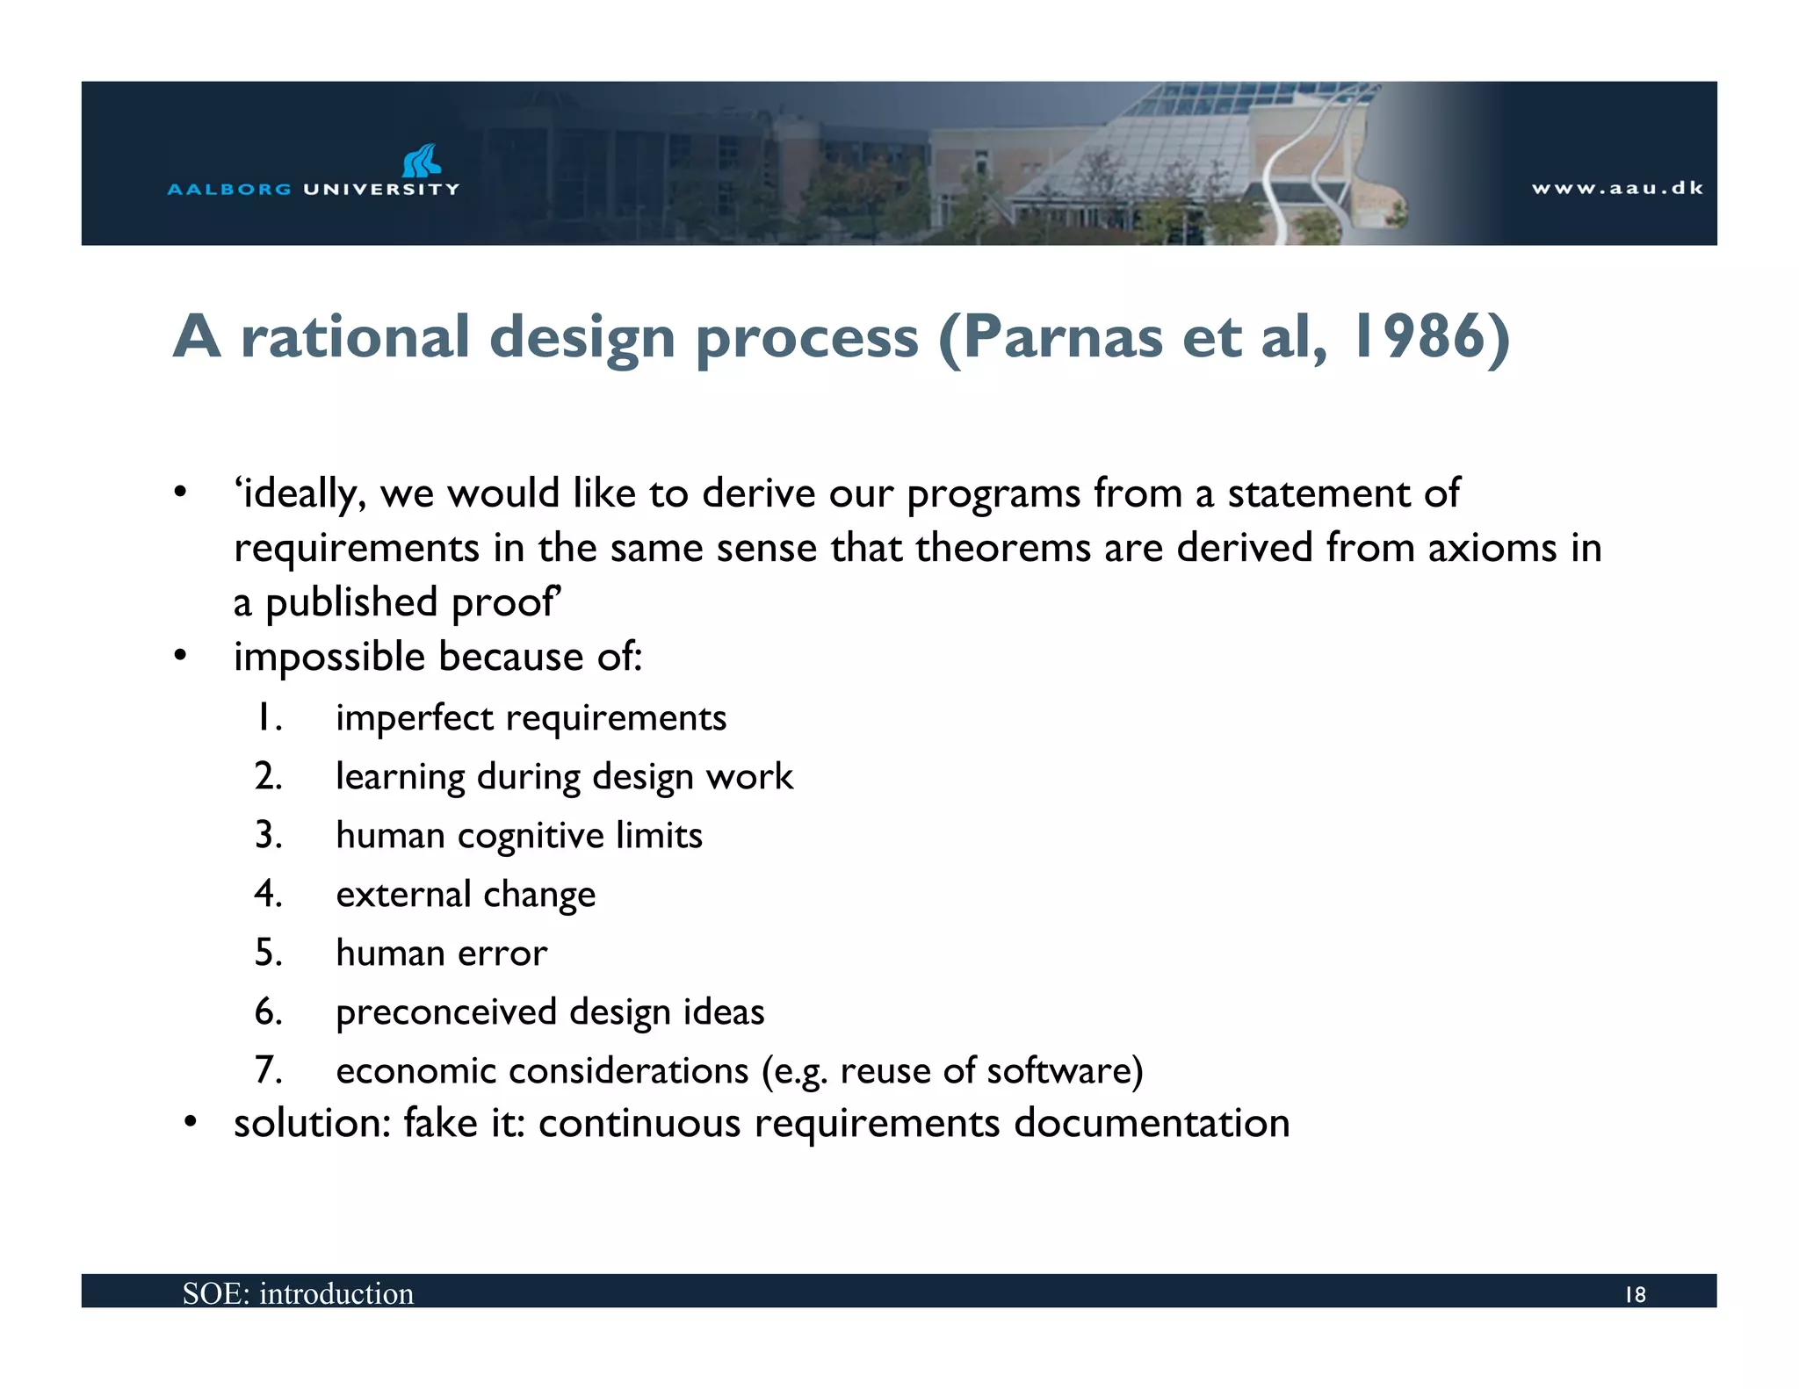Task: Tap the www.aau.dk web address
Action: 1617,188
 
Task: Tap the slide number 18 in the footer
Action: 1635,1294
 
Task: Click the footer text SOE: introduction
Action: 298,1293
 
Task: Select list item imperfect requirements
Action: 531,718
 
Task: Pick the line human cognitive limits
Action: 518,835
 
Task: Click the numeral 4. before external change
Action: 268,894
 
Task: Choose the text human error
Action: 441,953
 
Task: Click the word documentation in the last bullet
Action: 1151,1123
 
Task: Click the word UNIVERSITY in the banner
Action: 380,189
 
